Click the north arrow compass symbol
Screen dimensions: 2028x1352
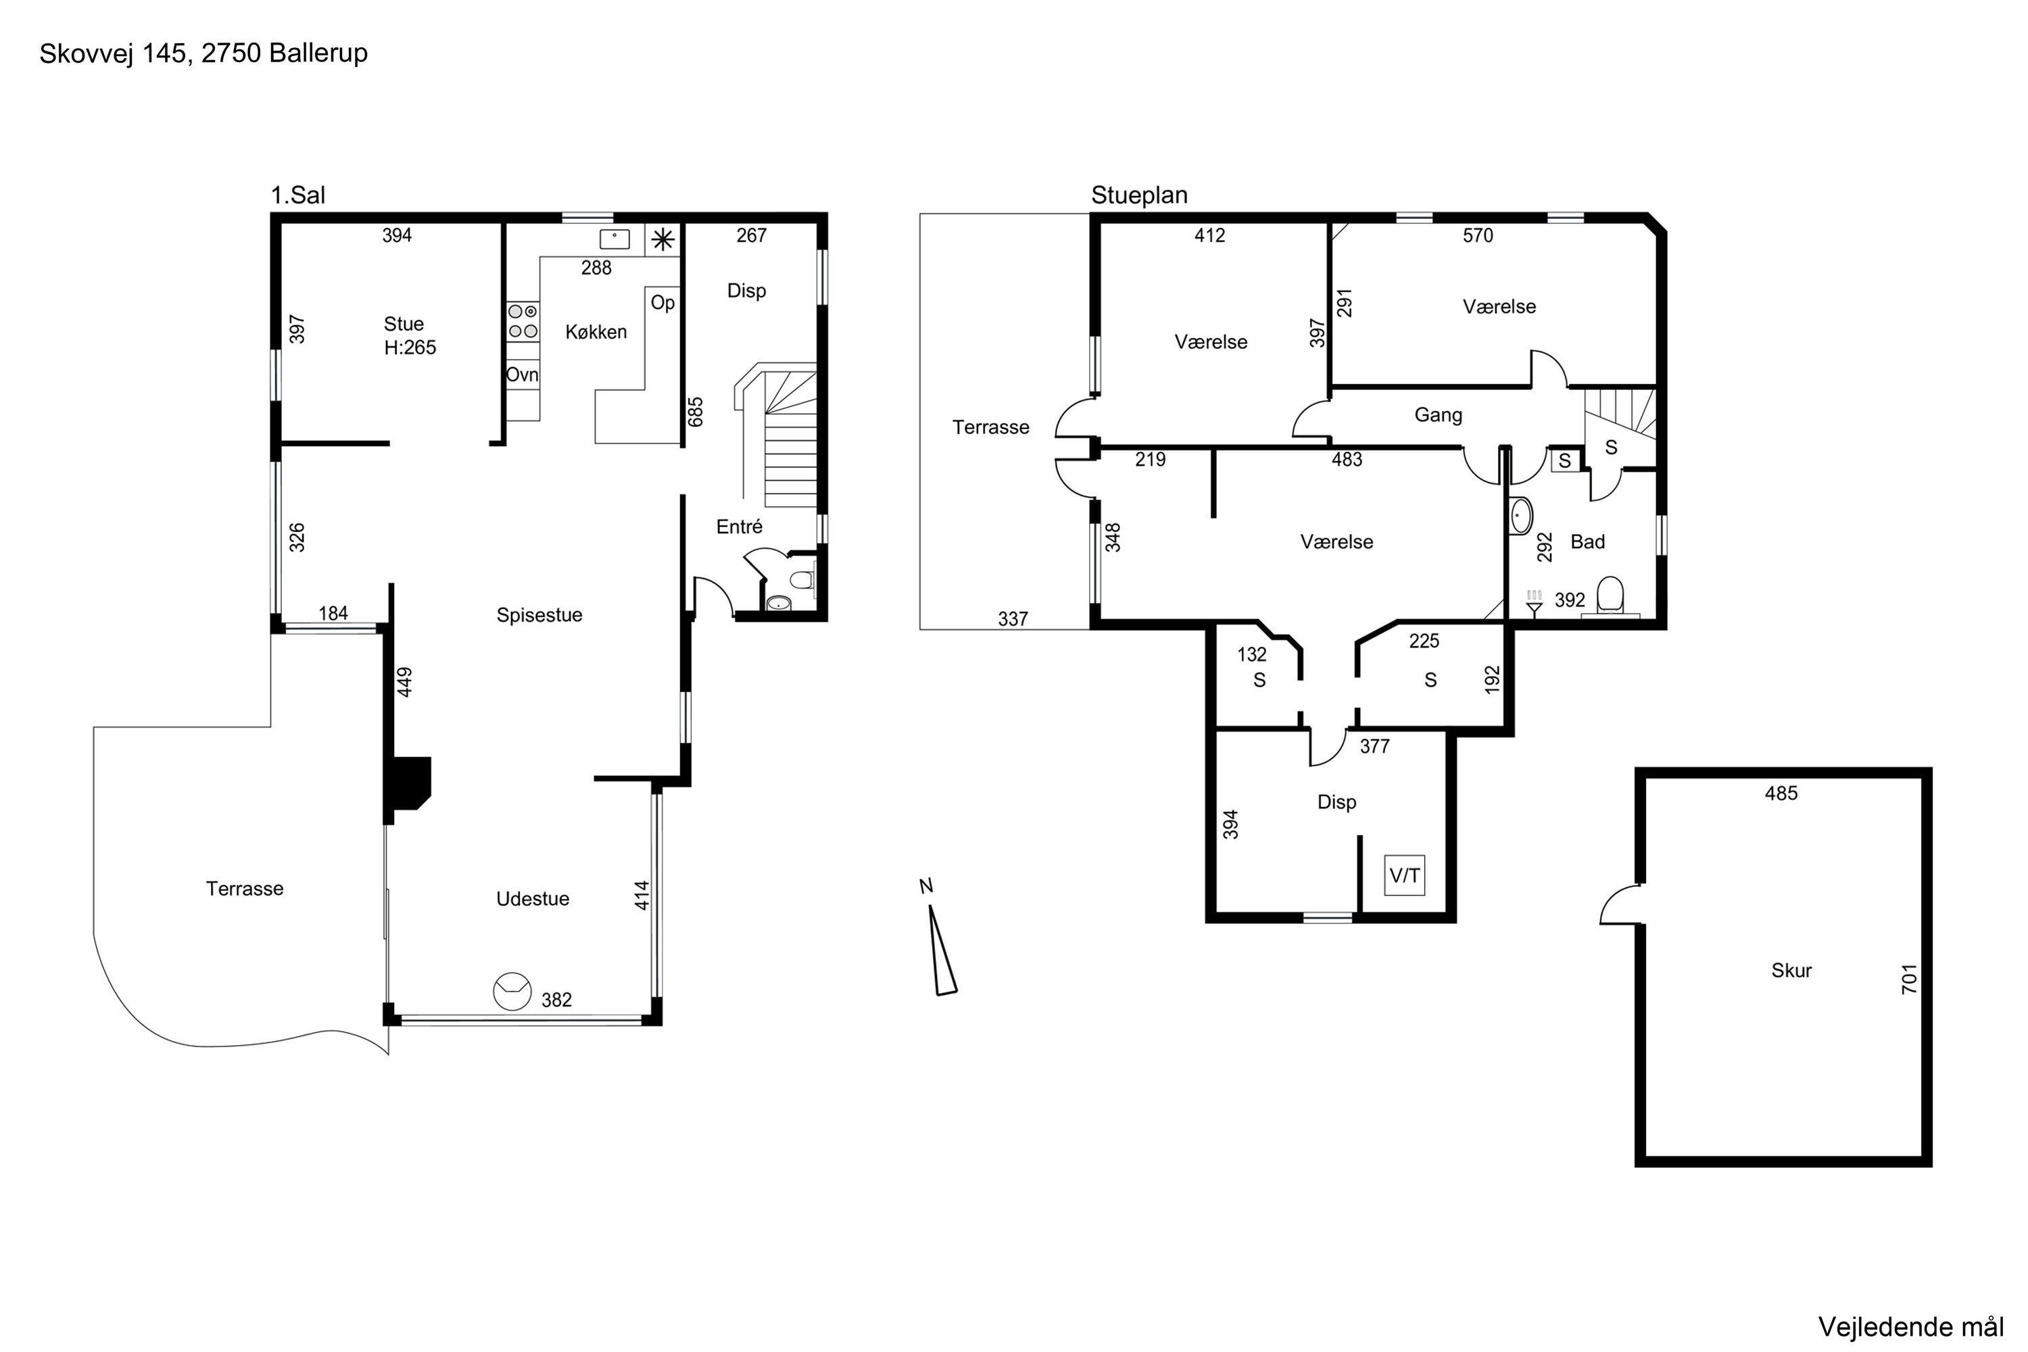point(942,942)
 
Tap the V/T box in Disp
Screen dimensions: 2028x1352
point(1405,875)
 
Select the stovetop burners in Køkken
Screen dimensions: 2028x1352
point(523,320)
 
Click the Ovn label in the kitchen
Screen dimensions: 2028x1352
point(522,375)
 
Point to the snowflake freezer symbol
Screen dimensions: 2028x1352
point(663,240)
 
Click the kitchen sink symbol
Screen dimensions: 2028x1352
point(614,239)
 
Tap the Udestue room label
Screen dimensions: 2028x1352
point(533,898)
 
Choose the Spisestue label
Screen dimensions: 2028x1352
point(539,614)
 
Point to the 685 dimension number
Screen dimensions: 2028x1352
point(696,412)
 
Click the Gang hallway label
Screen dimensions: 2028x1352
point(1439,415)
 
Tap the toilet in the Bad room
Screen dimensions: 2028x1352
point(1610,596)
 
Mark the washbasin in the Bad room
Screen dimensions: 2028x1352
point(1521,516)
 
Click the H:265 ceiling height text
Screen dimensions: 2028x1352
point(410,347)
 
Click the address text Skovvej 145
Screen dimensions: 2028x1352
point(113,53)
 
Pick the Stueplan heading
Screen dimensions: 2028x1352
point(1139,196)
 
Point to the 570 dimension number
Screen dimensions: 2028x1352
point(1478,235)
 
